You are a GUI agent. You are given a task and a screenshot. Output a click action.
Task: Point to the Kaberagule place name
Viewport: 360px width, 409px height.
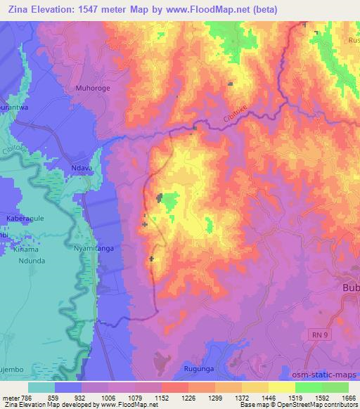[25, 219]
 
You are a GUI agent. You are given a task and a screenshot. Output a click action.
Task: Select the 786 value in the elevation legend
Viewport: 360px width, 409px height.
[26, 397]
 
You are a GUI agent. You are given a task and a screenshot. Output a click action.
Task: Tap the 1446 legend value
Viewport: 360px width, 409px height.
[255, 397]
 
